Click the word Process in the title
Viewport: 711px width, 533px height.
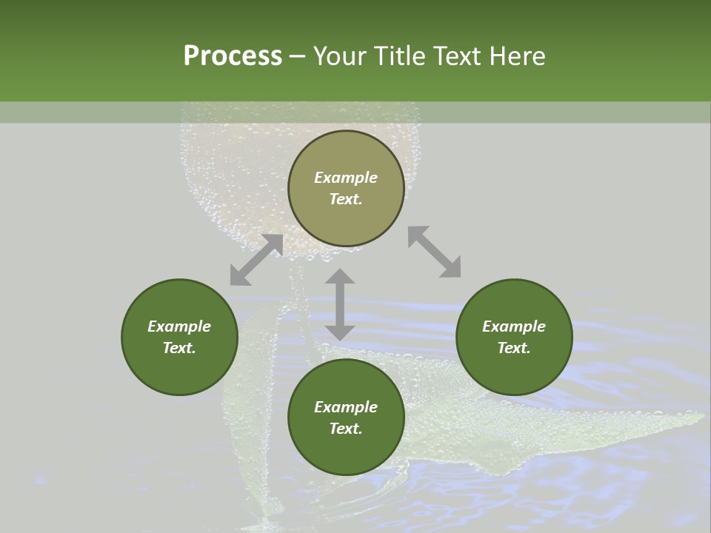pos(233,56)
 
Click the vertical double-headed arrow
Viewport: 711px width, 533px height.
pos(340,305)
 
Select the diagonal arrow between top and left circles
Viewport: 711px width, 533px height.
pos(256,260)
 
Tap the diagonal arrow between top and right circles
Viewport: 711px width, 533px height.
pos(434,252)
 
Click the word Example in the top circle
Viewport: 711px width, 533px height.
pos(346,178)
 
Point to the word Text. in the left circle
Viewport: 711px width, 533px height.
pos(179,348)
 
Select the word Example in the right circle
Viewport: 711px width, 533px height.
pos(514,326)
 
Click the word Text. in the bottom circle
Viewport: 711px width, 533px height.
pos(346,429)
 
